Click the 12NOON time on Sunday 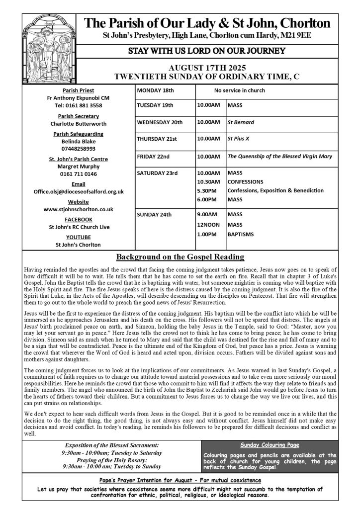[x=208, y=224]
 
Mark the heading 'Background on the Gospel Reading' [x=180, y=257]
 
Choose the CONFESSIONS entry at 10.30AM [x=245, y=181]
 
